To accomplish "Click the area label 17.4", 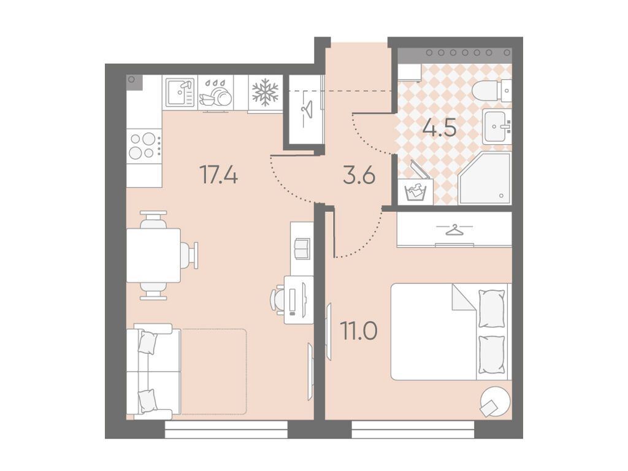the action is click(219, 175).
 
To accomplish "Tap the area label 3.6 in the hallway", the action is click(359, 175).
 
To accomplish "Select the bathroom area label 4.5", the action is click(440, 128).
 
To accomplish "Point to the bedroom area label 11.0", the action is click(358, 331).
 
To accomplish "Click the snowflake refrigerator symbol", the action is click(265, 92).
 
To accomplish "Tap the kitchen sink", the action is click(180, 92).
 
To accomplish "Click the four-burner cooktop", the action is click(144, 145).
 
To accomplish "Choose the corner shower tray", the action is click(486, 178).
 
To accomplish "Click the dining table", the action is click(154, 255).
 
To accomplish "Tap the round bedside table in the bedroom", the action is click(496, 400).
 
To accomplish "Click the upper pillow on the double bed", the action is click(491, 308).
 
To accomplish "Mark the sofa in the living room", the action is click(153, 372).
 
